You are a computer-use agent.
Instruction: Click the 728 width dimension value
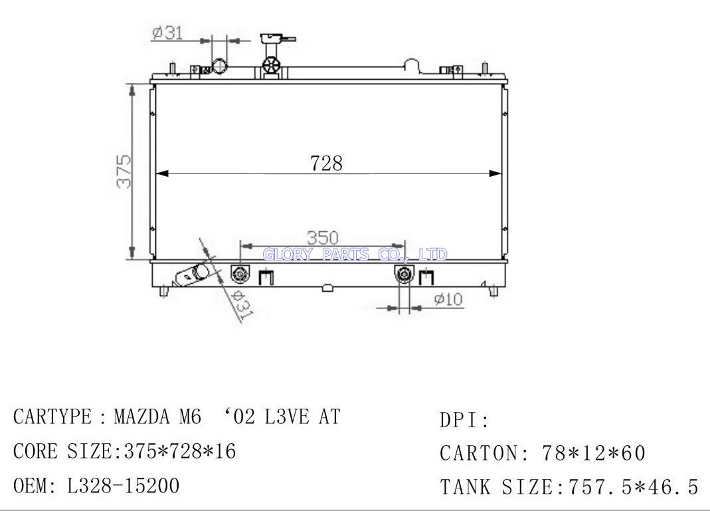coord(326,163)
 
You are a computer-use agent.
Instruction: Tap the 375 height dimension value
coord(124,171)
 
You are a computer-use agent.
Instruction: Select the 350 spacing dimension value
coord(322,238)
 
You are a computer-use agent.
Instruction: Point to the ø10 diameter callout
coord(448,299)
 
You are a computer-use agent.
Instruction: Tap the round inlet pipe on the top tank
coord(219,66)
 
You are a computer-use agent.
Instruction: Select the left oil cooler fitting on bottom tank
coord(240,274)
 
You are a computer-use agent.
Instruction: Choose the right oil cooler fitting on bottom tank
coord(403,274)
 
